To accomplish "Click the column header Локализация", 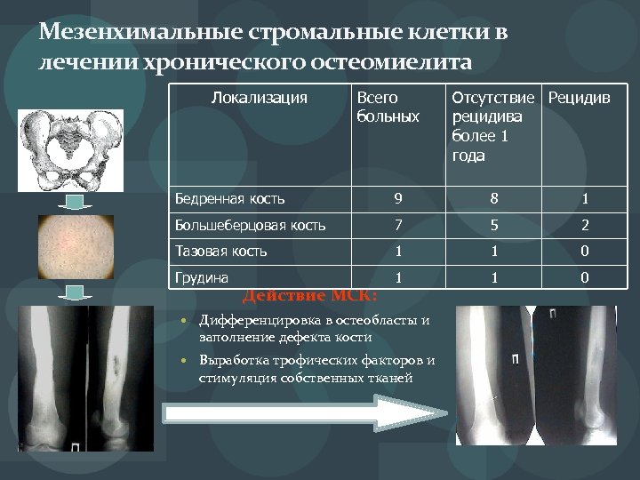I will [260, 97].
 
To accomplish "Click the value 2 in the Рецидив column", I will [585, 225].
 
